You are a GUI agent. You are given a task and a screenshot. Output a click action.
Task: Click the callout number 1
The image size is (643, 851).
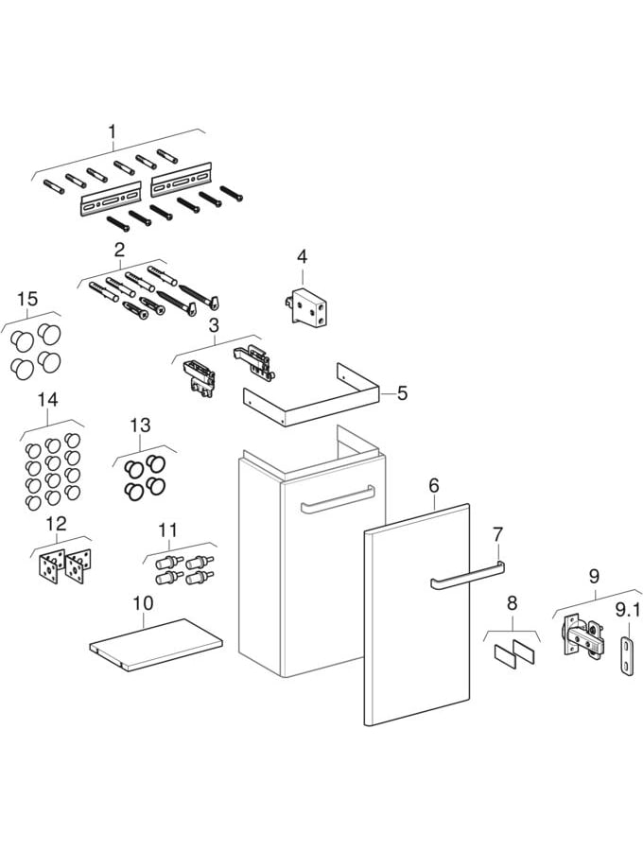tap(113, 131)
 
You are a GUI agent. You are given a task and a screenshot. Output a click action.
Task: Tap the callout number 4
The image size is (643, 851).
tap(302, 256)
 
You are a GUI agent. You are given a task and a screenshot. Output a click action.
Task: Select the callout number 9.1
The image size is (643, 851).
tap(628, 611)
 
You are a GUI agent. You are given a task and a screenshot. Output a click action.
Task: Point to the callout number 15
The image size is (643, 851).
tap(27, 300)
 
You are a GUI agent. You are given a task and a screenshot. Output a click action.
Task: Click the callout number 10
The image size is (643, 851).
tap(143, 602)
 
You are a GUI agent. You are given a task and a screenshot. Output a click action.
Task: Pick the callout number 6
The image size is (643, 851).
tap(434, 485)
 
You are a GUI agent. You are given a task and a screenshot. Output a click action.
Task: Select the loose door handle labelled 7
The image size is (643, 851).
tap(467, 575)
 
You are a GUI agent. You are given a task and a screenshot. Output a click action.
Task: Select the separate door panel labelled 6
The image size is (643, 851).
tap(416, 615)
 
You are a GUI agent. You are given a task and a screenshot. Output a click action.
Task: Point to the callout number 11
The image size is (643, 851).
tap(167, 531)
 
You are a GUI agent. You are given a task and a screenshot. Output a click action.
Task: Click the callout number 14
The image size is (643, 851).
tap(47, 400)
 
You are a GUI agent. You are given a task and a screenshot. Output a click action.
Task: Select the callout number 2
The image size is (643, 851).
tap(120, 251)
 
